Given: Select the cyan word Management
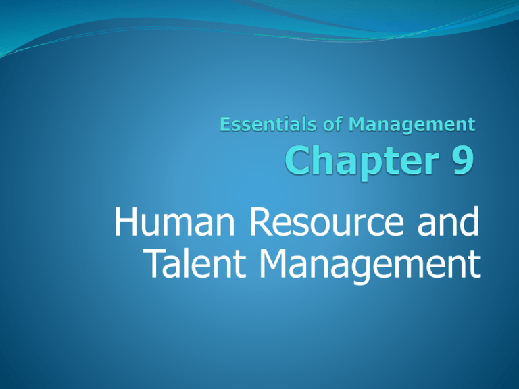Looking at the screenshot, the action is pos(412,126).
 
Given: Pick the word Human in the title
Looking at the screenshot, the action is pos(174,221).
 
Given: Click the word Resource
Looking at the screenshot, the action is pos(326,221).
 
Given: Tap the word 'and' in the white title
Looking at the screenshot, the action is pos(448,221).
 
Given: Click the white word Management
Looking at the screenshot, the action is pos(370,265).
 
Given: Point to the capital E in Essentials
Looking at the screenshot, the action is pos(226,124).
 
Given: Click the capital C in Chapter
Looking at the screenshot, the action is pos(299,161).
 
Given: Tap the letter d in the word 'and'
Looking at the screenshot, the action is pos(468,221).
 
